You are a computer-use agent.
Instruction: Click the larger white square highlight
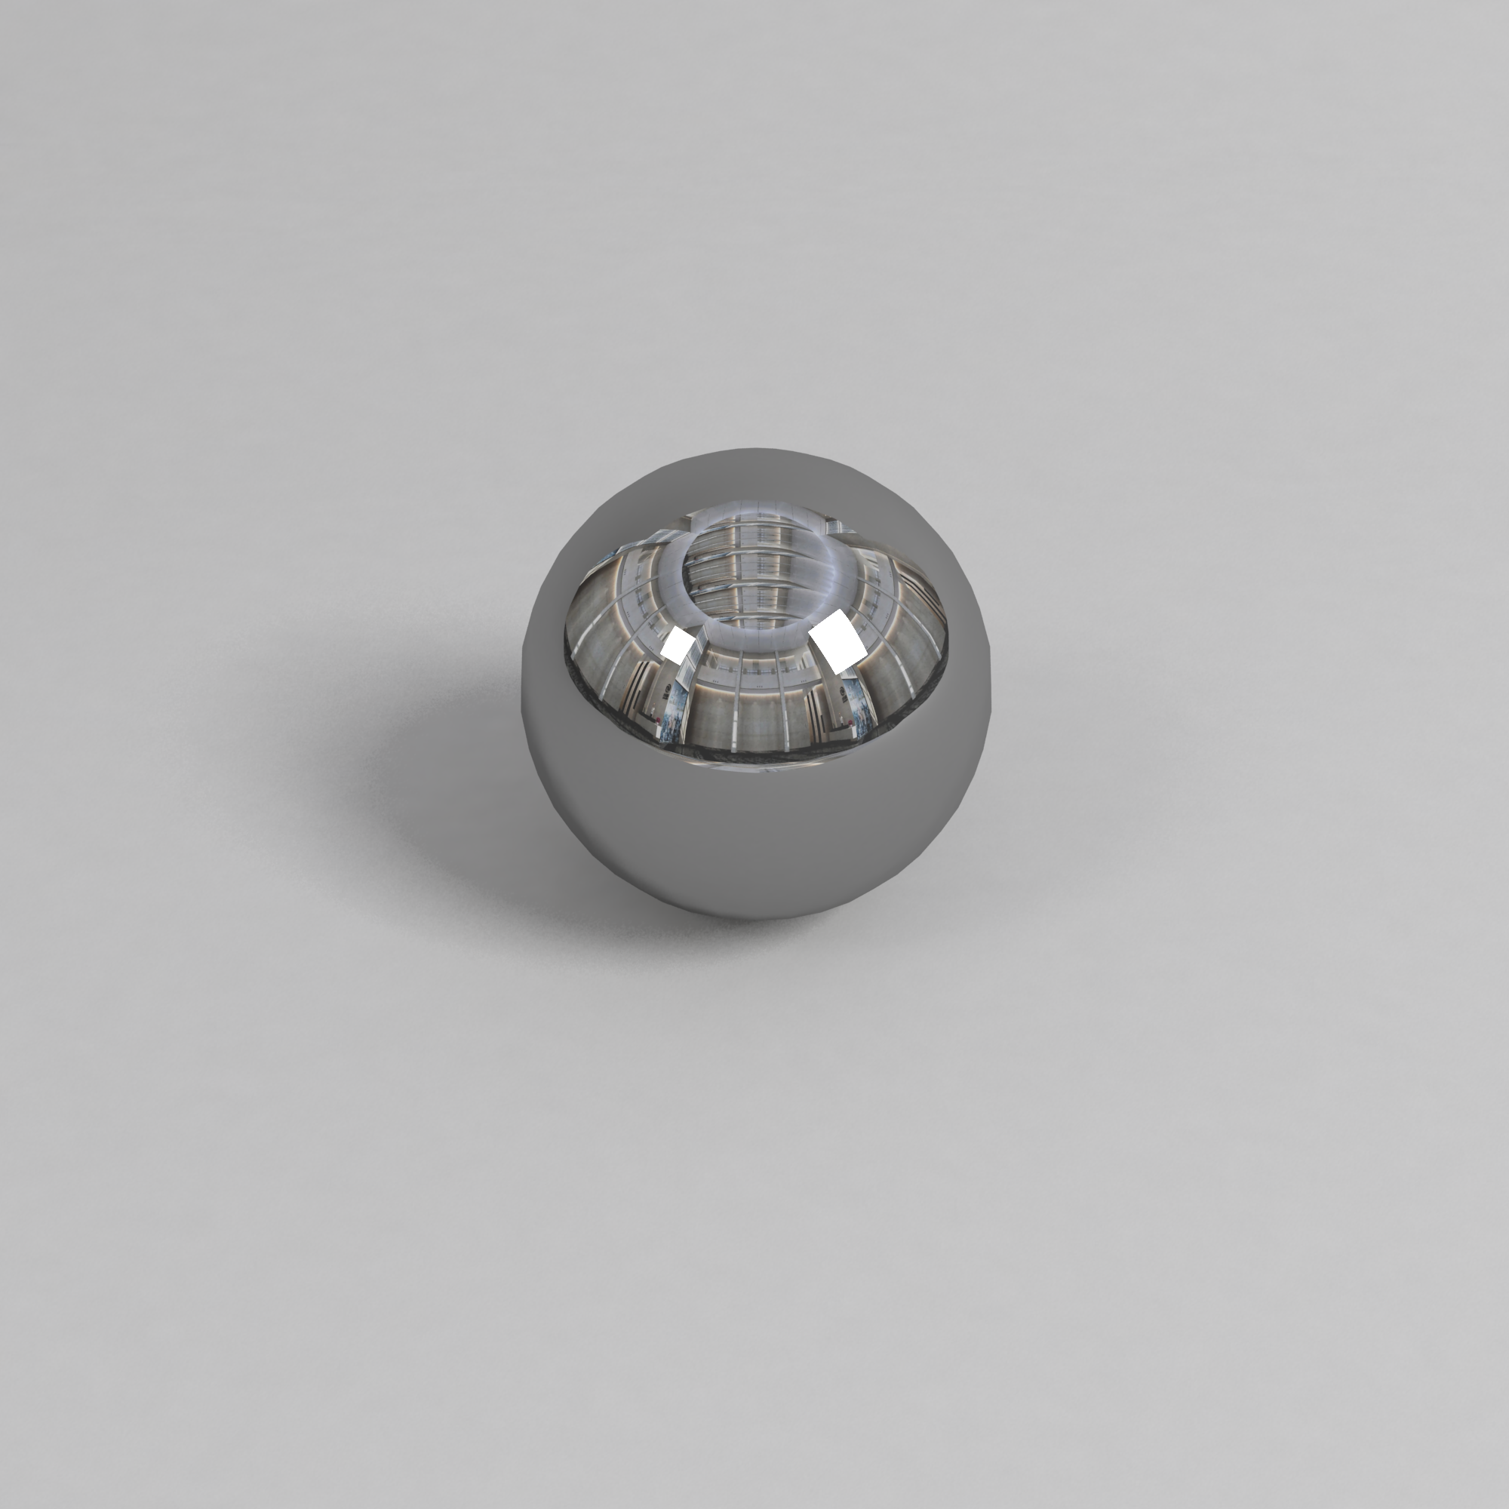point(838,642)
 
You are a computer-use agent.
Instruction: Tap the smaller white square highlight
point(678,645)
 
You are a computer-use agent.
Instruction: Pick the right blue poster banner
point(862,707)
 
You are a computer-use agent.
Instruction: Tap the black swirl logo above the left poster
point(668,688)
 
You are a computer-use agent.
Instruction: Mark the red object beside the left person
point(659,719)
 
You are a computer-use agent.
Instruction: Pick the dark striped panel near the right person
point(814,711)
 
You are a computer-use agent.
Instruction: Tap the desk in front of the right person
point(840,731)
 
